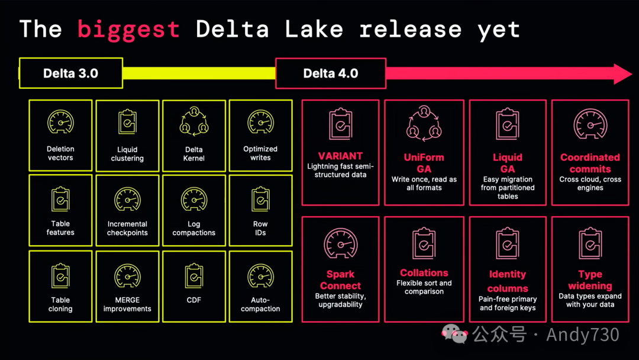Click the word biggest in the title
pos(128,29)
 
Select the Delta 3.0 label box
pos(71,73)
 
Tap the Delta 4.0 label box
pos(331,73)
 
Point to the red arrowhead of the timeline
pos(622,74)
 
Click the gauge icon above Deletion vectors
pos(60,122)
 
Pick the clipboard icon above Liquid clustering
pos(127,123)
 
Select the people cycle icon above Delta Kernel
pos(194,121)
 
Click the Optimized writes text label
pos(260,153)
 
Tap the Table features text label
pos(60,228)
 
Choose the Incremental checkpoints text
pos(127,229)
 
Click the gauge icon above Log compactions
pos(194,200)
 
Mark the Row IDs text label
pos(260,229)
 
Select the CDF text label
pos(194,300)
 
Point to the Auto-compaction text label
pos(260,304)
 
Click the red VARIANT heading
pos(340,156)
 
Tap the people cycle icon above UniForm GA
pos(424,124)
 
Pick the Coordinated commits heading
pos(590,163)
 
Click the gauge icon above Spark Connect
pos(341,243)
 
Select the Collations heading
pos(424,273)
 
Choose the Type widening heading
pos(590,280)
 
